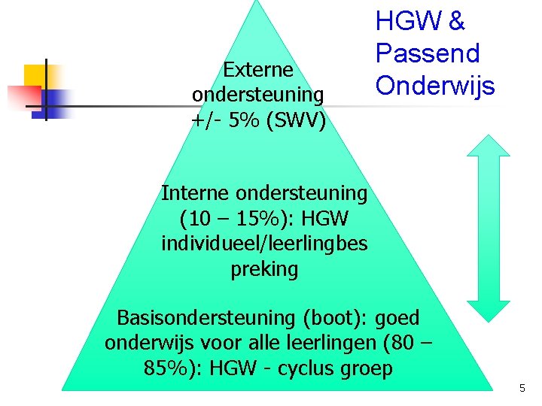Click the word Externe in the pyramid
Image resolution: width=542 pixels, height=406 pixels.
click(258, 70)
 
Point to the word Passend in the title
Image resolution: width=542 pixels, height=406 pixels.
click(428, 53)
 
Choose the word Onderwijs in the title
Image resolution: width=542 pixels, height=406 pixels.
click(435, 86)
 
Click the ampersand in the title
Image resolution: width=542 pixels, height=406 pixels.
click(456, 21)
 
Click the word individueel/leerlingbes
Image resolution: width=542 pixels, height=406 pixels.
click(264, 244)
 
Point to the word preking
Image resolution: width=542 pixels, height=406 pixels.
click(264, 269)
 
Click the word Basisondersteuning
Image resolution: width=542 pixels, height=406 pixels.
click(206, 318)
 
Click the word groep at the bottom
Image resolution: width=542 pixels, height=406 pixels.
click(367, 369)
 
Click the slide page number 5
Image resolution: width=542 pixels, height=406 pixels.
click(522, 388)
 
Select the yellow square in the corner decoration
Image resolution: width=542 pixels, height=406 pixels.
click(35, 77)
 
